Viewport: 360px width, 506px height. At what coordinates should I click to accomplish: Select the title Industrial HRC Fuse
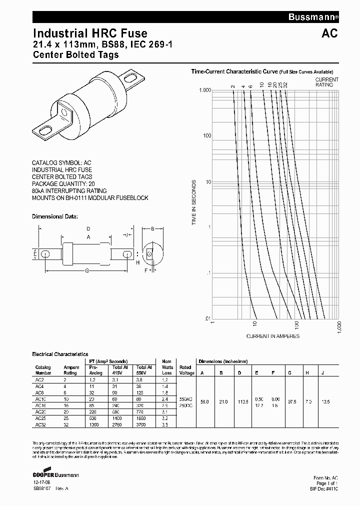90,33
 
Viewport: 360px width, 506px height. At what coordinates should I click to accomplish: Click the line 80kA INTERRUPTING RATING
69,190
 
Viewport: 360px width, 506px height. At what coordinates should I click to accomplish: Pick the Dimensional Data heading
55,217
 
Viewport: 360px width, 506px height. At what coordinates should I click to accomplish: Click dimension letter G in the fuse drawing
87,270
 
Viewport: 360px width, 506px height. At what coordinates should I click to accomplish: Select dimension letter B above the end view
152,229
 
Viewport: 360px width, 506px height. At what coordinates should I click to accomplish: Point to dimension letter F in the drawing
145,270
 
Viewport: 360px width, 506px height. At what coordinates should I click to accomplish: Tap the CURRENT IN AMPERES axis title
273,336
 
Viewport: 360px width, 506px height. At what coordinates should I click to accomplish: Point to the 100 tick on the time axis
204,136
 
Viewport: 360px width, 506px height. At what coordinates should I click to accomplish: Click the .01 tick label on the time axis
205,318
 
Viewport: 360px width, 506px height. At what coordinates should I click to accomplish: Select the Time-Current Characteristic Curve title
234,71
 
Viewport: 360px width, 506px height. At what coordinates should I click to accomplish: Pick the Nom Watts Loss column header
166,367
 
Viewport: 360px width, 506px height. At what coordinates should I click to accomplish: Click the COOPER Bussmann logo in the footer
55,474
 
